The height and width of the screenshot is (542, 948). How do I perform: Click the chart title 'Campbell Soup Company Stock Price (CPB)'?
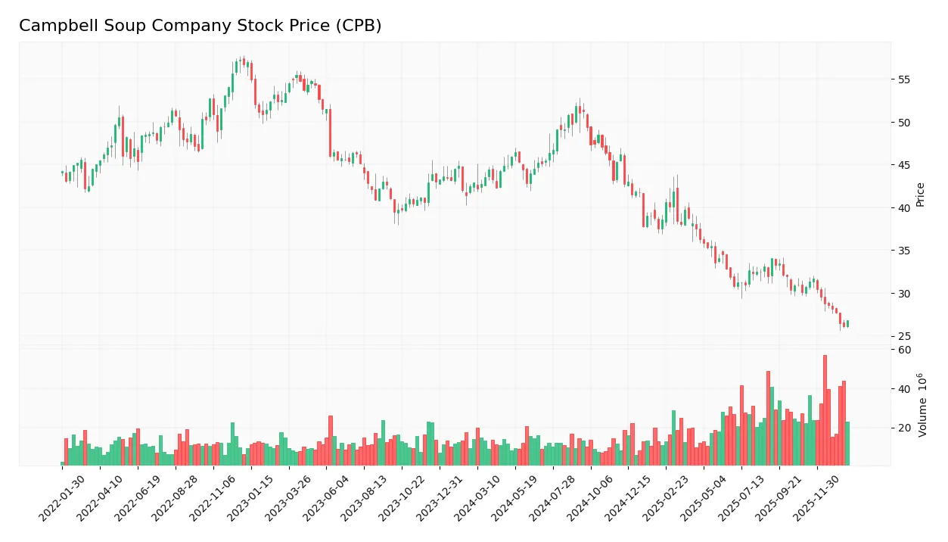click(200, 26)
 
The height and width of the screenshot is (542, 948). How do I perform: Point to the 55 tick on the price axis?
click(903, 79)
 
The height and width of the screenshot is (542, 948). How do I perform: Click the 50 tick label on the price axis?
click(903, 123)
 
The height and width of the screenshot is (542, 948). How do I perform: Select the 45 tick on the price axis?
click(903, 165)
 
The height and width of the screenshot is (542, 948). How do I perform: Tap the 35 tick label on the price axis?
click(903, 251)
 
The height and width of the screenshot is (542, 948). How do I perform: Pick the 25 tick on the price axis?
click(903, 336)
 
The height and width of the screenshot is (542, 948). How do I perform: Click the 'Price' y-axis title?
click(920, 195)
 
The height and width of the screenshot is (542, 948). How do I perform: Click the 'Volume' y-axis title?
click(922, 405)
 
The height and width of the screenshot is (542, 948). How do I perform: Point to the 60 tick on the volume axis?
click(905, 350)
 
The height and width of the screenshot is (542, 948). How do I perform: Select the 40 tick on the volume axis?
click(905, 389)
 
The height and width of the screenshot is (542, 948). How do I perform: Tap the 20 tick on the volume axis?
click(905, 428)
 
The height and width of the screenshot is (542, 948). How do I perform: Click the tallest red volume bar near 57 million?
click(825, 410)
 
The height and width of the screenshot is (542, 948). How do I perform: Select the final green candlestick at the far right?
click(847, 323)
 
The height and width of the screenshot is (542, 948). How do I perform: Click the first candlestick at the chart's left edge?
click(62, 173)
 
